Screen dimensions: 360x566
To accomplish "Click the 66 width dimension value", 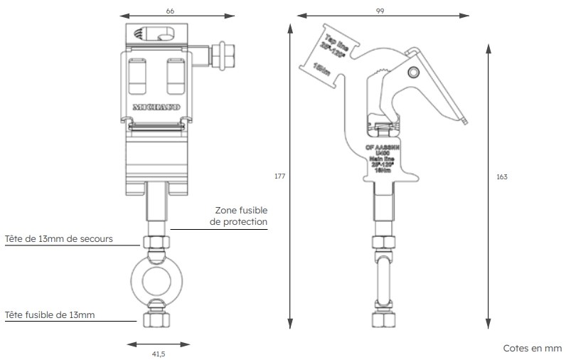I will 169,11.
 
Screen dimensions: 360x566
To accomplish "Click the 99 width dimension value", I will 383,11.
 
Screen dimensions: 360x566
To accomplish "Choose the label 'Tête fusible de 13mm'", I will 50,314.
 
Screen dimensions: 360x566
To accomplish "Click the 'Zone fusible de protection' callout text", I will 240,216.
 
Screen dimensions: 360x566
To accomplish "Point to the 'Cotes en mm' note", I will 532,349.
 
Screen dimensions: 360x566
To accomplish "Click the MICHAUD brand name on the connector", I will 156,108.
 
